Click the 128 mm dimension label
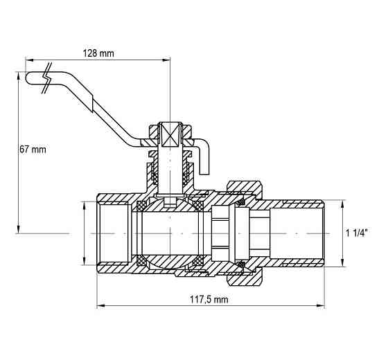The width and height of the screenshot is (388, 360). click(98, 53)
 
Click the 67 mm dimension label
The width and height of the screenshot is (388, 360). click(33, 150)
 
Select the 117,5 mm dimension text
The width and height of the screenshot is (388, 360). click(209, 299)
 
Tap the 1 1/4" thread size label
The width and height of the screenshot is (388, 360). click(357, 233)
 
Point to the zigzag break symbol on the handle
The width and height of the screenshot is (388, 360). click(47, 78)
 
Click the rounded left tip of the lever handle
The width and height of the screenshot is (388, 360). click(26, 78)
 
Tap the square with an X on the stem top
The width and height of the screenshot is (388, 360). click(170, 135)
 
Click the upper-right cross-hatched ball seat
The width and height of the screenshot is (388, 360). click(198, 206)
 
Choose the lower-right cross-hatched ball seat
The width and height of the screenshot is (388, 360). click(198, 260)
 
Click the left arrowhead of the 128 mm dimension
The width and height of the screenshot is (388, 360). click(29, 60)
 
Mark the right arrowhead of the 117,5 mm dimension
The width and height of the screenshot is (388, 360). click(321, 306)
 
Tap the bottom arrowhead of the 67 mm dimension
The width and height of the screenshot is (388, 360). click(18, 229)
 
